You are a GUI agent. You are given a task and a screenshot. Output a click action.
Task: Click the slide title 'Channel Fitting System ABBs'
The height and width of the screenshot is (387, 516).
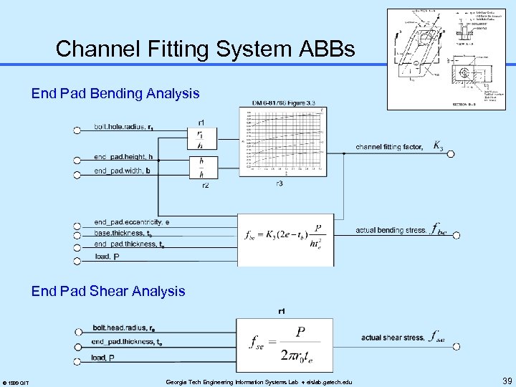click(x=205, y=49)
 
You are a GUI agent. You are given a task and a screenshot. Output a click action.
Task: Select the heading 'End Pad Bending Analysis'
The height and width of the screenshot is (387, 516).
click(x=115, y=94)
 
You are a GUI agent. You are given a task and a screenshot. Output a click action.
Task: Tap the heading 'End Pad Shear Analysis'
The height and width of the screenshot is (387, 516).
click(x=108, y=291)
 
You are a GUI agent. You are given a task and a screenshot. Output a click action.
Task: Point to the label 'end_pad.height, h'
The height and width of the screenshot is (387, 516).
click(x=123, y=157)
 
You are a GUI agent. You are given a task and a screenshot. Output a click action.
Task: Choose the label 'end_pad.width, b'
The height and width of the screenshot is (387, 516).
click(x=122, y=171)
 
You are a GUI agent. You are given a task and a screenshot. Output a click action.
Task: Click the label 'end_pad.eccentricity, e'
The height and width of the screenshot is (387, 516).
click(x=132, y=222)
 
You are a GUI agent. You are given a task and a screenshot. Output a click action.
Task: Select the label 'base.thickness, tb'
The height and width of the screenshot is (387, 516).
click(x=123, y=233)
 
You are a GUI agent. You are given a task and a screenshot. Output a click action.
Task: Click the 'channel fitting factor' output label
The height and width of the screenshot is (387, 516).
click(x=389, y=147)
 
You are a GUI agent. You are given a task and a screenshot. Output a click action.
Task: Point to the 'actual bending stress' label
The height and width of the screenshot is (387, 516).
click(x=391, y=231)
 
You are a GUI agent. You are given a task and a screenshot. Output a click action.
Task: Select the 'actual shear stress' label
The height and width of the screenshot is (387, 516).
click(x=393, y=338)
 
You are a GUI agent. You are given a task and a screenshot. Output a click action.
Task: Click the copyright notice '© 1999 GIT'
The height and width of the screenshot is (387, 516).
click(x=16, y=382)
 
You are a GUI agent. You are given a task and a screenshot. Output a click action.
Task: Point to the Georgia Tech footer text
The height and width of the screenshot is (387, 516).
click(x=264, y=381)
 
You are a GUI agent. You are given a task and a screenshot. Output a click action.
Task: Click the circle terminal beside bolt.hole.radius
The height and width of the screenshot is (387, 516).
click(x=77, y=130)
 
